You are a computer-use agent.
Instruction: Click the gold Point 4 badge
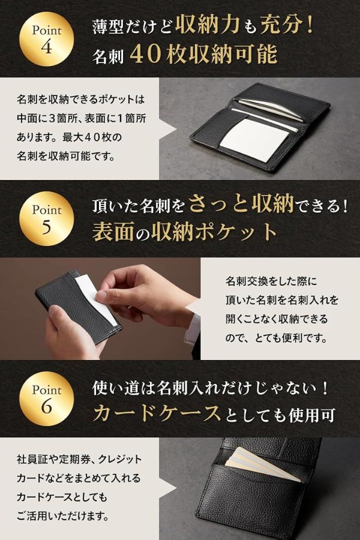(47, 39)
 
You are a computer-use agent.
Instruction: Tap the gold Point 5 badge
(47, 218)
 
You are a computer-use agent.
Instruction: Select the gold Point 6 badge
(47, 398)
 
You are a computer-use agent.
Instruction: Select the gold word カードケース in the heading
(157, 413)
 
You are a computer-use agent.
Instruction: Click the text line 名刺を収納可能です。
(65, 156)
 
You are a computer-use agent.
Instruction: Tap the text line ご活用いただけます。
(62, 515)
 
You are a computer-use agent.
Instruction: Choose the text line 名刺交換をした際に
(271, 281)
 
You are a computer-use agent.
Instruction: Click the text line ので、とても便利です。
(277, 338)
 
